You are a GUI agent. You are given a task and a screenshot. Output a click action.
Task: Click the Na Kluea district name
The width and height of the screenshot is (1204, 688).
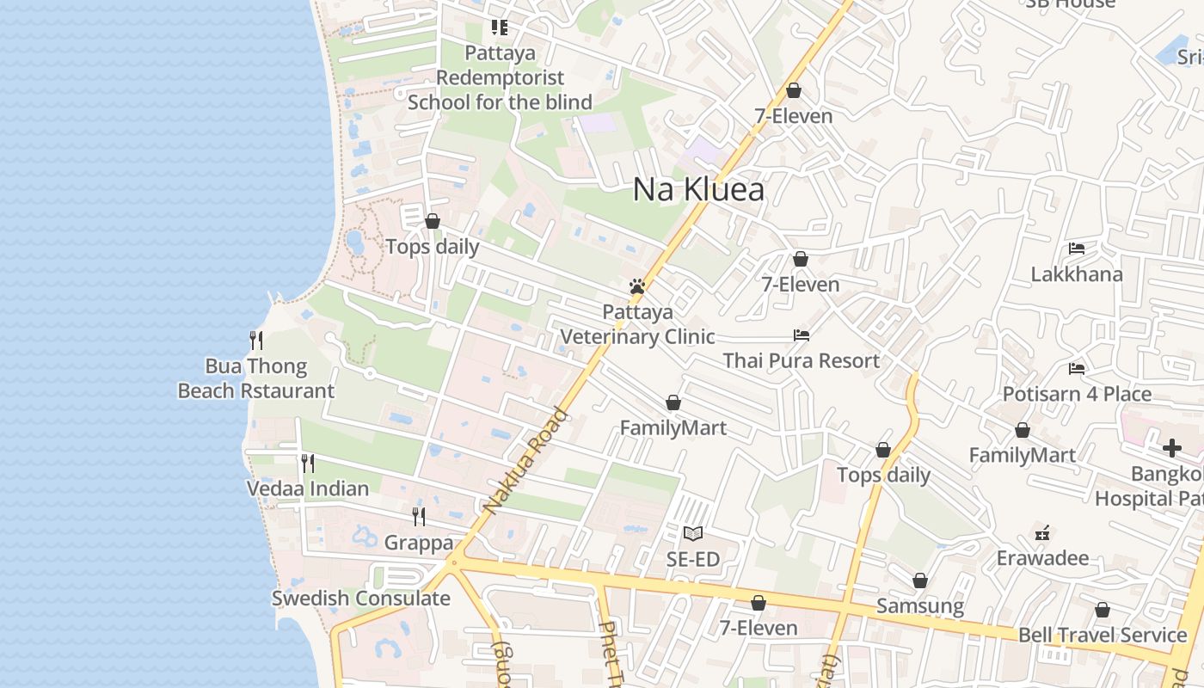[698, 189]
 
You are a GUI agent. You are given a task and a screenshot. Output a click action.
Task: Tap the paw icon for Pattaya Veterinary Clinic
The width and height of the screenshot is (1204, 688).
[637, 286]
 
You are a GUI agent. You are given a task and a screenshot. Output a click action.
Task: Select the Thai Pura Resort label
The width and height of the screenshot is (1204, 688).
[802, 360]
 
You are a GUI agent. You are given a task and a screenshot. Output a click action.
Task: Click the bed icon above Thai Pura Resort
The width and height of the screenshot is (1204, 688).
[802, 335]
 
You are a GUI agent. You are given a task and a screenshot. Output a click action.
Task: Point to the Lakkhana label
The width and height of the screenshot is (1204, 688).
[1077, 274]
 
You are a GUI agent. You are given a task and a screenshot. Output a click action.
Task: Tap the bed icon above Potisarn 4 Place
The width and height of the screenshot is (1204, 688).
[1077, 369]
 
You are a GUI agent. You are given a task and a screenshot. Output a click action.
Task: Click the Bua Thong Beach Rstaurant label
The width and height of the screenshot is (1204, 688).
[255, 378]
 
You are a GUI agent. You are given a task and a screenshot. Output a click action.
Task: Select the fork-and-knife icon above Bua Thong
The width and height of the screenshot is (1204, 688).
[255, 341]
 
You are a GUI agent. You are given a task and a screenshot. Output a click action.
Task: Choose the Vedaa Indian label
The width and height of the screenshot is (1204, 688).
[307, 488]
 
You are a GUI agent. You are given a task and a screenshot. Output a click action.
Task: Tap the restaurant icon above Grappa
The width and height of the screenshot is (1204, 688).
[419, 516]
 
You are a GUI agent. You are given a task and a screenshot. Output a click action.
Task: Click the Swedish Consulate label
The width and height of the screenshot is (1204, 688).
[361, 599]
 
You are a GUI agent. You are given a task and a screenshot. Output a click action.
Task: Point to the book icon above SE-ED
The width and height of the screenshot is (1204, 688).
[693, 534]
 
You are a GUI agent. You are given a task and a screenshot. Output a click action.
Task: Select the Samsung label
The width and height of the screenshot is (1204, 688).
[920, 605]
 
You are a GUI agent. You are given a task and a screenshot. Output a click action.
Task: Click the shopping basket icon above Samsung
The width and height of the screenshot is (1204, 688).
[920, 580]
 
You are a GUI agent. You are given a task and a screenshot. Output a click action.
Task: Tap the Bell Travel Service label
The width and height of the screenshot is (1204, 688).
[1103, 636]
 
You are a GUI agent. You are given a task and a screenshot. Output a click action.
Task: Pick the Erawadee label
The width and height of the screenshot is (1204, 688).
[1042, 558]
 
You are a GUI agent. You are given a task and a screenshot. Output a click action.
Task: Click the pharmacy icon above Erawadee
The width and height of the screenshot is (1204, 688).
[1042, 533]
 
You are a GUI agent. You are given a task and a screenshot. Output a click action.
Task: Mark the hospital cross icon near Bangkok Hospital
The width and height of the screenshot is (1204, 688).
[1172, 447]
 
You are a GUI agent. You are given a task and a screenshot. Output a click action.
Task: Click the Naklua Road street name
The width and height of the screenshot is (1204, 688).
[526, 461]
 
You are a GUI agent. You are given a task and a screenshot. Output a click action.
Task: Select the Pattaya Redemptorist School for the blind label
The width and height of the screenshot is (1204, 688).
[500, 77]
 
